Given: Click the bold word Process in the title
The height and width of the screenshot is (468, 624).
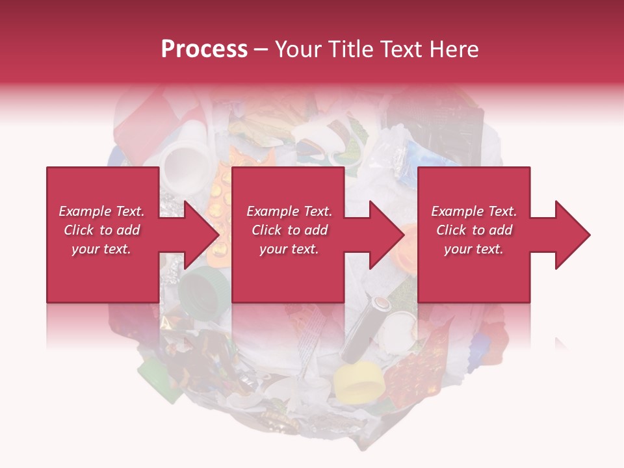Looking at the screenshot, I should (x=204, y=49).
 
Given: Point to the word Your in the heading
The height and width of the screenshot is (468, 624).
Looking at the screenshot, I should (x=298, y=49).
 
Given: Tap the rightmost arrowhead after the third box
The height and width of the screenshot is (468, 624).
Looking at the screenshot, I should (x=571, y=235).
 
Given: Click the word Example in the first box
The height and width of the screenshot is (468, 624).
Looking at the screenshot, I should (x=84, y=211).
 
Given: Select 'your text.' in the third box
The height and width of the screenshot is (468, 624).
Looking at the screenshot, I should (x=473, y=249).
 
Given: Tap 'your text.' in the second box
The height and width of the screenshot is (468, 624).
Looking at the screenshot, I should (x=289, y=249).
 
